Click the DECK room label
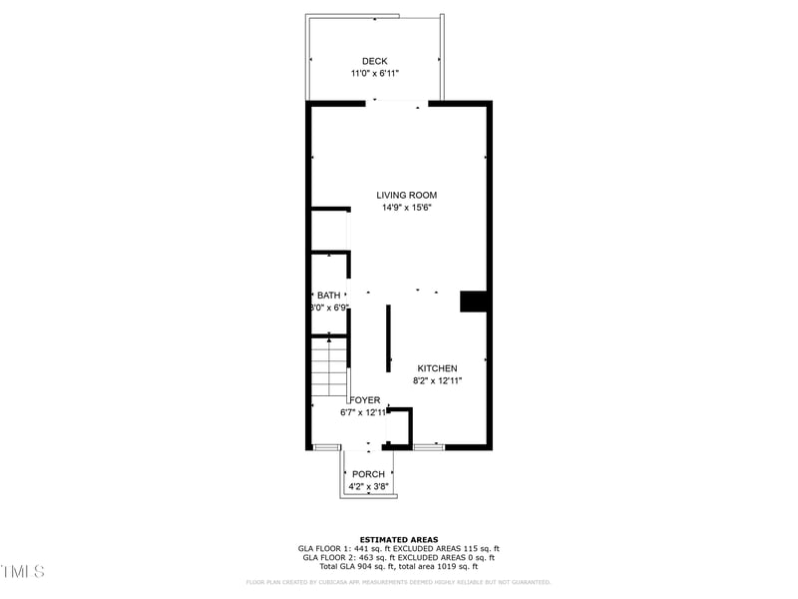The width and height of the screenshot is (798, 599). click(x=375, y=61)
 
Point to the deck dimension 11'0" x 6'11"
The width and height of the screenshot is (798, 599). click(x=375, y=74)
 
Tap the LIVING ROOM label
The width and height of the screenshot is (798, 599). click(x=406, y=195)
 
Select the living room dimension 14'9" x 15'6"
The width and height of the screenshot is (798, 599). click(x=406, y=208)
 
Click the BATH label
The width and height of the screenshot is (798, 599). click(x=328, y=296)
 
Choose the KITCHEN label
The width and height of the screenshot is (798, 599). click(x=437, y=368)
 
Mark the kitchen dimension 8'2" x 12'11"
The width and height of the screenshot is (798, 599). click(x=437, y=380)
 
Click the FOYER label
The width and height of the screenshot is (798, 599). click(x=365, y=399)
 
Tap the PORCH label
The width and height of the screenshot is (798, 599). click(x=368, y=474)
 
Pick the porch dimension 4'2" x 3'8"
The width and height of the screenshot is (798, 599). click(x=368, y=487)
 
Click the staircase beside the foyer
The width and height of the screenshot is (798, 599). click(x=327, y=366)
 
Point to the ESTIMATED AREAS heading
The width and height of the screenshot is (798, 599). click(x=399, y=539)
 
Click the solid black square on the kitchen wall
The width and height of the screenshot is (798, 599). click(x=472, y=300)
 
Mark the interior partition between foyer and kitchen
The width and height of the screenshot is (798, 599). click(x=388, y=338)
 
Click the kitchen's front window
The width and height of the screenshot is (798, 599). click(x=429, y=446)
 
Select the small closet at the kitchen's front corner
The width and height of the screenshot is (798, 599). click(x=399, y=427)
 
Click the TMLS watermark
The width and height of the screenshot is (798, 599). click(x=22, y=572)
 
